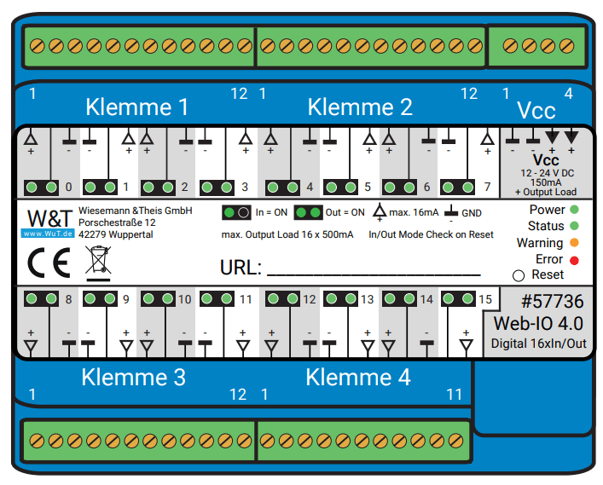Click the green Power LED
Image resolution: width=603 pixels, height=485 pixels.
(574, 210)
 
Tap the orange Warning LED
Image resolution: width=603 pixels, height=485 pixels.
(574, 242)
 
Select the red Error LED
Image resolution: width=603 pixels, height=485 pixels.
(574, 260)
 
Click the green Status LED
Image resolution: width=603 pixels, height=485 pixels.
(574, 226)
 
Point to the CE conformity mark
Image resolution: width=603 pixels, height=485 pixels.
(49, 263)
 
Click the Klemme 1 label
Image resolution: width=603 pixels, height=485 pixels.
(137, 107)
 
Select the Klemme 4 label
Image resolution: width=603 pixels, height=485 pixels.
(358, 377)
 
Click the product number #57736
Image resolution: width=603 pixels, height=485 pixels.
(552, 301)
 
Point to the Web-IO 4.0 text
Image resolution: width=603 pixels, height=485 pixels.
(538, 324)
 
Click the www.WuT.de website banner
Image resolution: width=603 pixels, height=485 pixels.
(48, 234)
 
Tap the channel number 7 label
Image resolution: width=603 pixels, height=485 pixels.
(487, 187)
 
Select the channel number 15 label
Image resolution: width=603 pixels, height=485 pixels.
(485, 299)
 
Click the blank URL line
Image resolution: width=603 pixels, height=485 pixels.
(374, 274)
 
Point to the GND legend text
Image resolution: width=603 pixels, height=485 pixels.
(472, 213)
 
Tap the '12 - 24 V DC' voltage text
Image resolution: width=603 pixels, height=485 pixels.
(548, 173)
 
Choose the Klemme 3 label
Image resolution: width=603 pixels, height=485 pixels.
(133, 377)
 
